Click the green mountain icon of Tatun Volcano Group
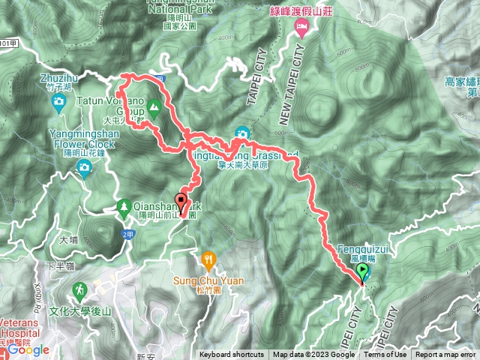(154, 109)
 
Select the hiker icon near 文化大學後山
(79, 289)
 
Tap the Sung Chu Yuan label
(209, 281)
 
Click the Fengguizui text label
(364, 248)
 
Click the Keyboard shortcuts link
(232, 355)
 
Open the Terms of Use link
(385, 355)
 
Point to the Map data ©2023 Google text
(313, 355)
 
